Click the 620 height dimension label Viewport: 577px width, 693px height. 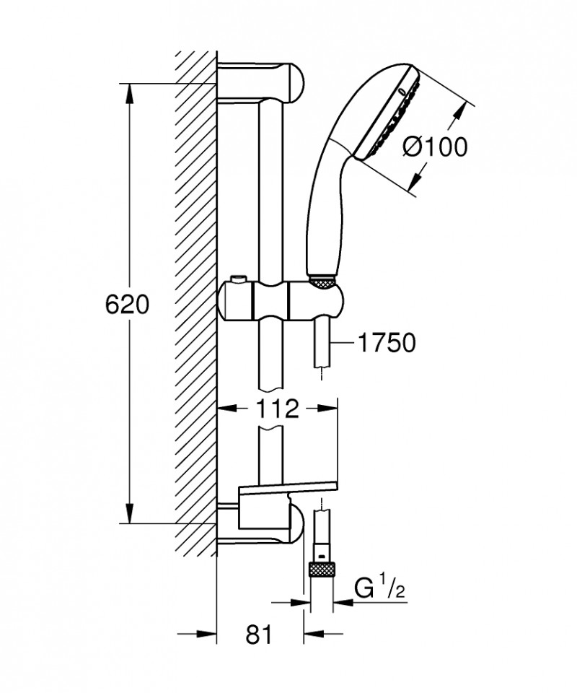tap(128, 305)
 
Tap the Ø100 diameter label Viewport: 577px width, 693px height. tap(435, 147)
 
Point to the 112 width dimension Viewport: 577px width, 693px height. tap(277, 409)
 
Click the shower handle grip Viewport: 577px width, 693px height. tap(322, 217)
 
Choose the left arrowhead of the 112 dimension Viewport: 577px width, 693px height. tap(225, 409)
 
